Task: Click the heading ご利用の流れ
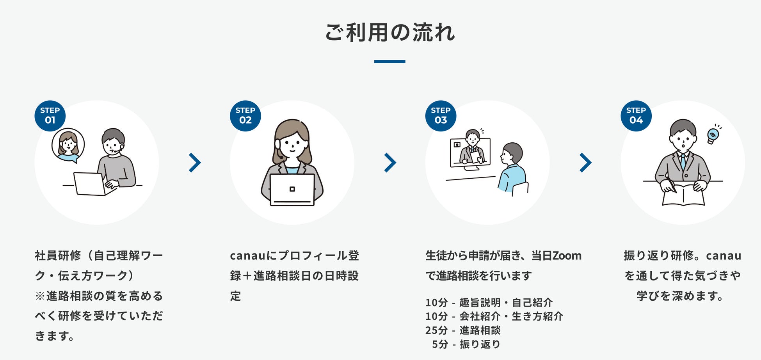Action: point(389,32)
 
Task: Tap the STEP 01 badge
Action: point(50,116)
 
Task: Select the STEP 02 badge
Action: point(245,116)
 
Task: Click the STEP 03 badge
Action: point(441,116)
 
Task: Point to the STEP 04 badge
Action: point(636,116)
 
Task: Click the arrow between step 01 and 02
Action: point(194,163)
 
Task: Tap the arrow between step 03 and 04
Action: point(585,163)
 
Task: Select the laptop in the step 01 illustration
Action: point(90,184)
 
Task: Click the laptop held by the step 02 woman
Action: point(292,190)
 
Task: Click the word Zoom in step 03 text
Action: point(567,256)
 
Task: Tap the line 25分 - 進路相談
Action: point(463,330)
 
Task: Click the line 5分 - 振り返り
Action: point(466,344)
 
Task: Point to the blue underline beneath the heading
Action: point(389,62)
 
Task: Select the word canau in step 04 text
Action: point(724,256)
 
